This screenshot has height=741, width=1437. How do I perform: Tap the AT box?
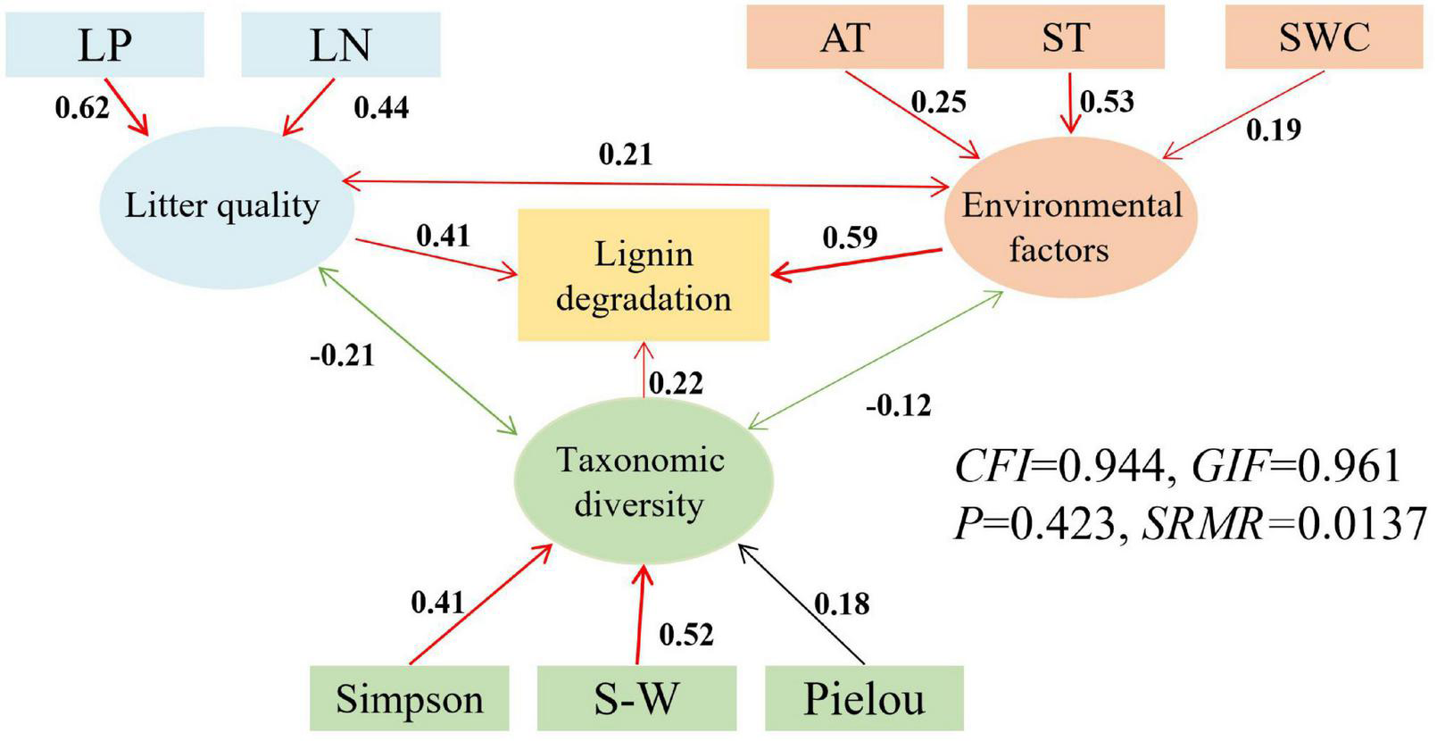pos(844,37)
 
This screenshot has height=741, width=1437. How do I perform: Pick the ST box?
pos(1066,37)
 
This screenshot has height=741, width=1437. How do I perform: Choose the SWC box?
pos(1324,37)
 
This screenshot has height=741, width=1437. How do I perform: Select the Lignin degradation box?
pos(644,275)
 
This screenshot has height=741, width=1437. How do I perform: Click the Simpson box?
pos(409,698)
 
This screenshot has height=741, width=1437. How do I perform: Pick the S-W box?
pos(636,698)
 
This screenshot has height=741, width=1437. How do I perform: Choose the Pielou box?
pos(864,698)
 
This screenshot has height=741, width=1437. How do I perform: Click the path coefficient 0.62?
pos(82,107)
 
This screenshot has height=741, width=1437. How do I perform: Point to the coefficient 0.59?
pos(850,237)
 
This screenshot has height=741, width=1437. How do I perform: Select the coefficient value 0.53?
pos(1107,102)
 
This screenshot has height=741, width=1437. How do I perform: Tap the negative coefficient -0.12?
pos(898,405)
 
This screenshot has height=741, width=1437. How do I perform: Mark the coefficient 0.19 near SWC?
pos(1274,130)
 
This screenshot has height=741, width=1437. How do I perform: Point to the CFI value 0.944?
pos(1110,466)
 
